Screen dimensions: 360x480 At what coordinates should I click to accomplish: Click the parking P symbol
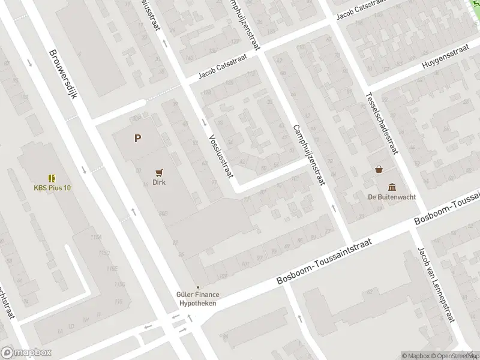coord(138,139)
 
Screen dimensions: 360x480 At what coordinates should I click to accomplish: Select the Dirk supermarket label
coord(159,182)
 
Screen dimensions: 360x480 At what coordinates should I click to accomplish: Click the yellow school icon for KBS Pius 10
coord(52,178)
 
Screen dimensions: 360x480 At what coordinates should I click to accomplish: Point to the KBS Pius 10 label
coord(52,188)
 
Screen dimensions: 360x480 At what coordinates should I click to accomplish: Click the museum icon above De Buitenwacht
coord(392,186)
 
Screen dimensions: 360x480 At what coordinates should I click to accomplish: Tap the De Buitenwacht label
coord(392,196)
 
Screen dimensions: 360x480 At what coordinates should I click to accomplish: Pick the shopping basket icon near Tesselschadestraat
coord(379,169)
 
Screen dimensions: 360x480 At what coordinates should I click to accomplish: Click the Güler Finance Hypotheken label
coord(198,299)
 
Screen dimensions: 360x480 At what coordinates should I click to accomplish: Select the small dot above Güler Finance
coord(198,287)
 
